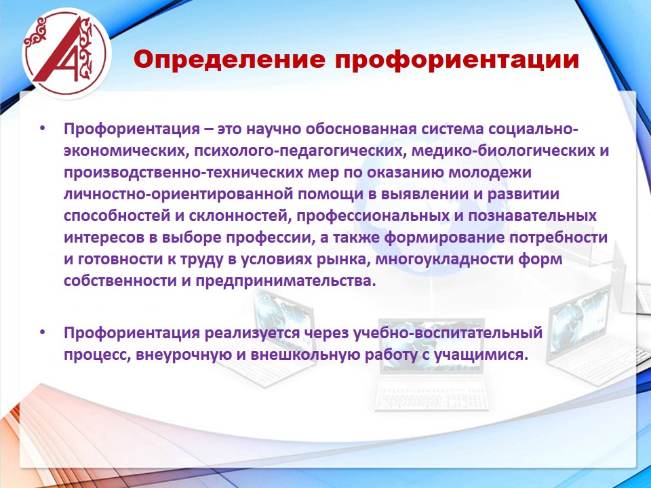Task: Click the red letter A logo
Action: click(x=66, y=53)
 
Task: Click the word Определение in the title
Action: click(x=230, y=60)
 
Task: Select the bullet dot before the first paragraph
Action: click(x=43, y=128)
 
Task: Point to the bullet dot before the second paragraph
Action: click(x=43, y=332)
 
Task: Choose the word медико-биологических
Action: click(x=502, y=150)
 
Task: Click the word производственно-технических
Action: click(x=184, y=172)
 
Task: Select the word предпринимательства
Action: click(x=285, y=281)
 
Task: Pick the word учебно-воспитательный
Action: click(x=448, y=333)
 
